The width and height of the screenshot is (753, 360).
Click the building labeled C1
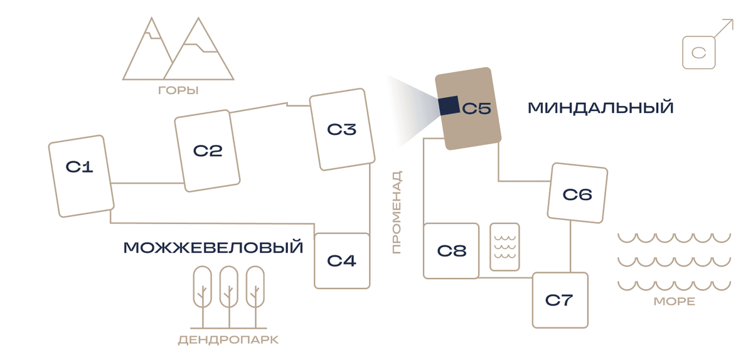point(82,176)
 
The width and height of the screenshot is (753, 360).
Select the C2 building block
point(207,151)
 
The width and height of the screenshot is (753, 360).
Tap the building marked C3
point(342,129)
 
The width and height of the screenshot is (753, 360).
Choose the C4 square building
point(342,261)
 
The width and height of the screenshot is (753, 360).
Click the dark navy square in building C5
point(449,105)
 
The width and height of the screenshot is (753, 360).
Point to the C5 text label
point(477,109)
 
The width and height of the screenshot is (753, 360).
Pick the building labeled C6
point(577,193)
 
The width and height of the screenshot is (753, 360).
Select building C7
point(560,300)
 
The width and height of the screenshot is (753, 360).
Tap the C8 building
point(451,251)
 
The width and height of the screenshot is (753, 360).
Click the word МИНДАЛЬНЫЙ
point(601,108)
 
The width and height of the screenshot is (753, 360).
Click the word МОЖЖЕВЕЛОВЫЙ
point(213,247)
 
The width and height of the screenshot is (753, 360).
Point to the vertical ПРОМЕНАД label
point(397,212)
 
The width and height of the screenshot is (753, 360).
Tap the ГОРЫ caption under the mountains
point(178,90)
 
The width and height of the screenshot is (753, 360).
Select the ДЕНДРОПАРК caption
point(228,340)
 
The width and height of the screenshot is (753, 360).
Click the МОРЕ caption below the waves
point(675,302)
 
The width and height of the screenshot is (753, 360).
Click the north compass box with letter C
point(699,53)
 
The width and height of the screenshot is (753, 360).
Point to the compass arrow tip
point(733,20)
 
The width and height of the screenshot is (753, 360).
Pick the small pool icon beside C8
point(505,246)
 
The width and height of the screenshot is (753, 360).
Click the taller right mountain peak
point(198,18)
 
